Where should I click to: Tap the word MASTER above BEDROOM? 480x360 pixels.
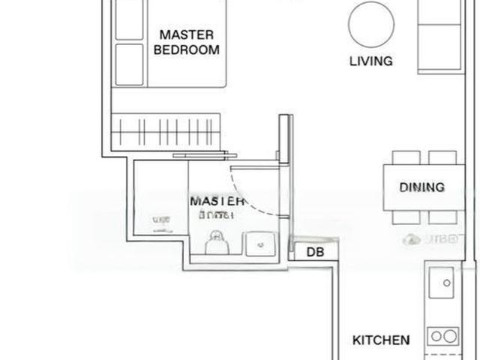tap(187, 34)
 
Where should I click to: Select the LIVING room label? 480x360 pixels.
tap(370, 61)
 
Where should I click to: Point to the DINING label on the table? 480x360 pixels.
tap(421, 187)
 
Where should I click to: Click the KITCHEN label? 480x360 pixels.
tap(381, 340)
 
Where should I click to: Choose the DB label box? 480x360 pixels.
tap(315, 252)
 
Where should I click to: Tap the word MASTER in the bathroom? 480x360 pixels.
tap(216, 201)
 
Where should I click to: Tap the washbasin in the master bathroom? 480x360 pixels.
tap(262, 241)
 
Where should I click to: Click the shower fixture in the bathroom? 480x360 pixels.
tap(160, 220)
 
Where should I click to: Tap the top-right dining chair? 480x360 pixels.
tap(442, 157)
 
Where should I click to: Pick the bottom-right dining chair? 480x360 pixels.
tap(442, 217)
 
